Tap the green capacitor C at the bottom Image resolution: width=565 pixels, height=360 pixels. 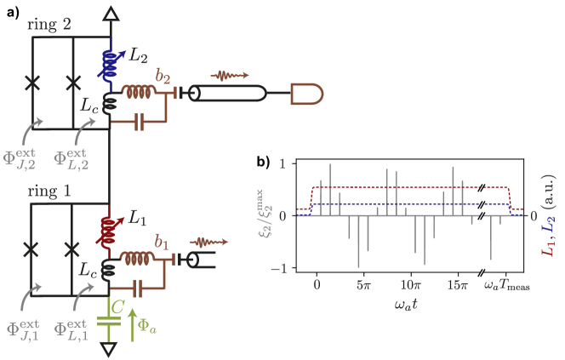(x=109, y=320)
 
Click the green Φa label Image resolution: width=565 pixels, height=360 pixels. (x=147, y=322)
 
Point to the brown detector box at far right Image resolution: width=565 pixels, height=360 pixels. (x=303, y=94)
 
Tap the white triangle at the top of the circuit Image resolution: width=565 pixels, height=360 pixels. (x=109, y=13)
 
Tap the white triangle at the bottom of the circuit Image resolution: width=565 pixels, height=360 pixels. (x=109, y=349)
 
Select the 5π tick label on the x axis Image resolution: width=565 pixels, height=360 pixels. (x=363, y=285)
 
